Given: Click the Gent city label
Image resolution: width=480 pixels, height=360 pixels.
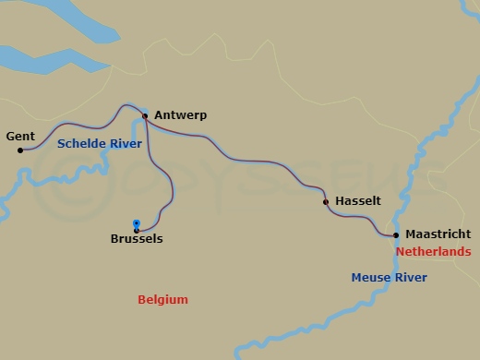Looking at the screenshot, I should pyautogui.click(x=20, y=137).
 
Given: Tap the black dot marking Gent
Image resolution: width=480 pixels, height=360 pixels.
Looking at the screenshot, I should pyautogui.click(x=20, y=150).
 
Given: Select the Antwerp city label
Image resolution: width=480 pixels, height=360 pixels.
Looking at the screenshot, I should pyautogui.click(x=180, y=115).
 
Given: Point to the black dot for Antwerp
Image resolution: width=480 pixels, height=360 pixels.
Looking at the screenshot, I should pyautogui.click(x=145, y=116).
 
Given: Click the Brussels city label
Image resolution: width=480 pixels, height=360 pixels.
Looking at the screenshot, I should pyautogui.click(x=136, y=239).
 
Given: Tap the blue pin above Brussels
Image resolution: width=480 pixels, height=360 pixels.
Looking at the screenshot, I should pyautogui.click(x=137, y=223).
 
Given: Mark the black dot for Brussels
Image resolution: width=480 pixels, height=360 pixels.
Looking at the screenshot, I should pyautogui.click(x=137, y=231).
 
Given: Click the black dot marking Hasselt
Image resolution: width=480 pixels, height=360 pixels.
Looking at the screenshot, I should pyautogui.click(x=325, y=201).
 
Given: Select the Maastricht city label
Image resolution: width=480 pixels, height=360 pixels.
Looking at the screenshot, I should pyautogui.click(x=438, y=234).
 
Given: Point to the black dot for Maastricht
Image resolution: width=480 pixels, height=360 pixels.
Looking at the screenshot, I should pyautogui.click(x=396, y=234).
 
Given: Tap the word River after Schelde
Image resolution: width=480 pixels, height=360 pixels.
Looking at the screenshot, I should pyautogui.click(x=125, y=144).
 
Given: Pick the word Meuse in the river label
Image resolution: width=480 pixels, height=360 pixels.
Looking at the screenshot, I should pyautogui.click(x=371, y=278).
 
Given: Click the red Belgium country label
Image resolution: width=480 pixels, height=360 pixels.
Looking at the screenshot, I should pyautogui.click(x=162, y=300).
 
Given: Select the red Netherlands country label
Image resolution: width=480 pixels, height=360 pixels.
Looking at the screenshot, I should pyautogui.click(x=433, y=252).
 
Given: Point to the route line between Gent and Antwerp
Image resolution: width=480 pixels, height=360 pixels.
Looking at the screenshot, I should pyautogui.click(x=83, y=125).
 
